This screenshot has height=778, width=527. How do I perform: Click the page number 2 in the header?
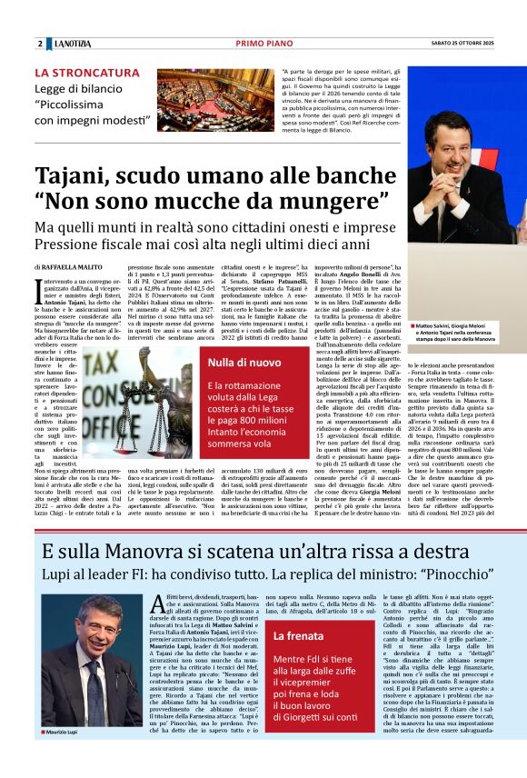[40, 44]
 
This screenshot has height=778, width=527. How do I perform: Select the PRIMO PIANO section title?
[263, 44]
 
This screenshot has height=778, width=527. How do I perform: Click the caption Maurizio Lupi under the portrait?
[64, 756]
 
